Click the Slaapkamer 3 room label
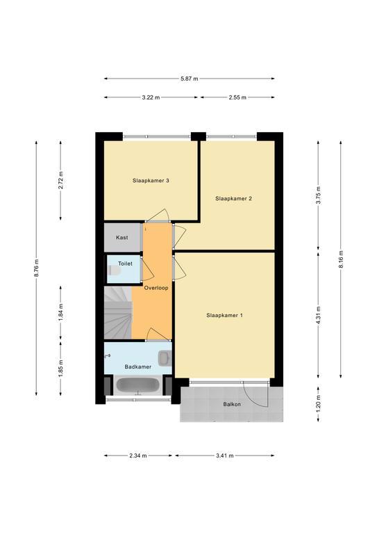[151, 181]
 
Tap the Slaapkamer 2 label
[233, 198]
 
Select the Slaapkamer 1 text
[224, 316]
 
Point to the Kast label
[122, 237]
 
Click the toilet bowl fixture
[114, 270]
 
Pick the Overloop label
[156, 288]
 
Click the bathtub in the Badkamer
[137, 385]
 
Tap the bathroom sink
[164, 358]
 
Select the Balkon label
[232, 404]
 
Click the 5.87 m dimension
[190, 79]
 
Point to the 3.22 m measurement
[151, 97]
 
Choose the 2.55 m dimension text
[237, 97]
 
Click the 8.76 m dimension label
[36, 268]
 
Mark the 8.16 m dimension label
[341, 259]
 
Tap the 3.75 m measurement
[318, 195]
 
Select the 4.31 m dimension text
[318, 316]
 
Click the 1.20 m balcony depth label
[318, 404]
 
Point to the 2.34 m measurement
[137, 455]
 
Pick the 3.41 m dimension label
[224, 455]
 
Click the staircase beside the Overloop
[117, 313]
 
